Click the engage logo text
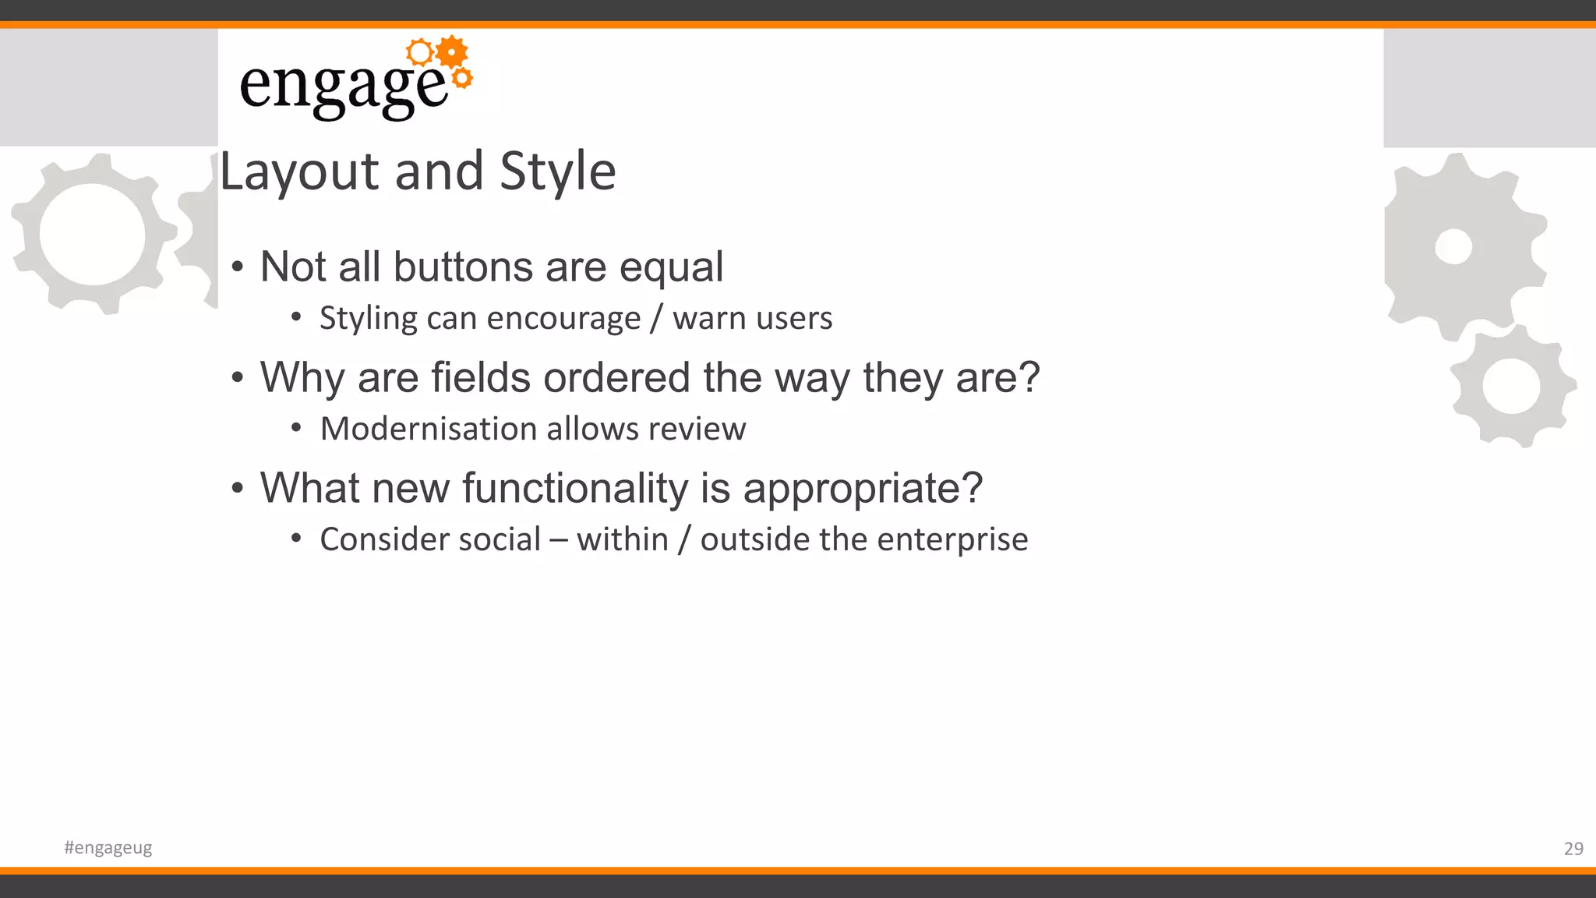pyautogui.click(x=343, y=86)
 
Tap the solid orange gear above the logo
pyautogui.click(x=452, y=51)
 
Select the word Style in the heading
pyautogui.click(x=557, y=171)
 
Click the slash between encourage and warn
pyautogui.click(x=657, y=319)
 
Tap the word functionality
pyautogui.click(x=575, y=489)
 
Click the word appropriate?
pyautogui.click(x=863, y=489)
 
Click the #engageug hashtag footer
pyautogui.click(x=108, y=847)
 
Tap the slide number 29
pyautogui.click(x=1573, y=848)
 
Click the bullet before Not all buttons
pyautogui.click(x=238, y=267)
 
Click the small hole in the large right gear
pyautogui.click(x=1453, y=247)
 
